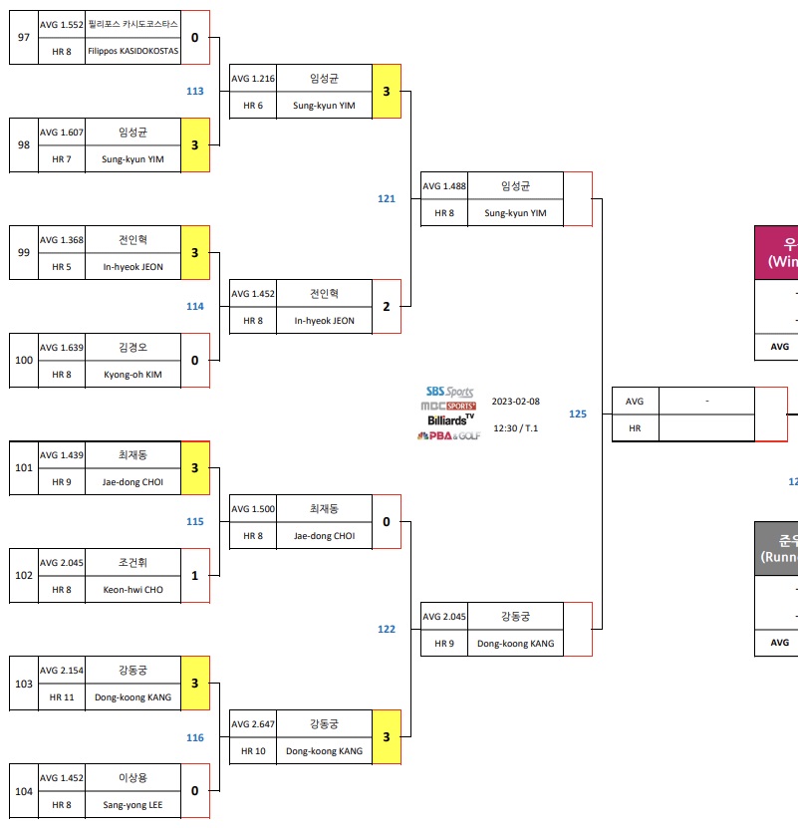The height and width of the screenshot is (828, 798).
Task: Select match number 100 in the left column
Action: (24, 361)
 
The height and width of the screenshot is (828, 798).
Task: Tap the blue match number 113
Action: (195, 91)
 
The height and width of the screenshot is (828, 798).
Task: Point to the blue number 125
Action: (578, 414)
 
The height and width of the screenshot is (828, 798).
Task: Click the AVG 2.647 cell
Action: (253, 723)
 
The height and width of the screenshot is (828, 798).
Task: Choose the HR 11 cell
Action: (61, 697)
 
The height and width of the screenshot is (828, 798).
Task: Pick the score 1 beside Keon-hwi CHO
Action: (195, 576)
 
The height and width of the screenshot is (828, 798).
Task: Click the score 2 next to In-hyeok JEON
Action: (387, 307)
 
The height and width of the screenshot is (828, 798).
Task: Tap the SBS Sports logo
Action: (449, 393)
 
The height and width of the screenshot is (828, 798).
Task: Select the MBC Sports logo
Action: (448, 407)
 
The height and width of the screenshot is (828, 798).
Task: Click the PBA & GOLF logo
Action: (448, 435)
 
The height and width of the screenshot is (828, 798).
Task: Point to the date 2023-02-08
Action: (515, 402)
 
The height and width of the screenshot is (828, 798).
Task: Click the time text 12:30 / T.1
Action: (515, 427)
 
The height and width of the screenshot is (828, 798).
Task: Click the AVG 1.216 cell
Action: (253, 78)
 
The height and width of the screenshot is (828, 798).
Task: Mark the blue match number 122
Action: (387, 629)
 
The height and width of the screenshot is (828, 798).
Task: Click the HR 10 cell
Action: (253, 751)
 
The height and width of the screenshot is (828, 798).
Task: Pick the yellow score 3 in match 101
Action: (195, 468)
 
